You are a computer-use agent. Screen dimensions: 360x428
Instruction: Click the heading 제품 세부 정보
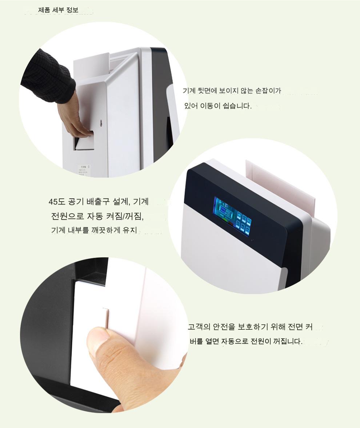(x=58, y=10)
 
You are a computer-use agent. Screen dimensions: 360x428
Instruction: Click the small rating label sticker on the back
(x=84, y=171)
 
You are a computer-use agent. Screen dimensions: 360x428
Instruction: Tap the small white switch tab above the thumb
(x=106, y=317)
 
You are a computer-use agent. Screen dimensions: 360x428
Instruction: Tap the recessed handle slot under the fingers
(x=84, y=140)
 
